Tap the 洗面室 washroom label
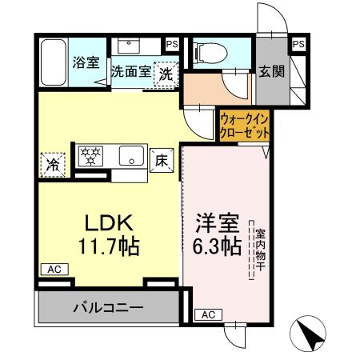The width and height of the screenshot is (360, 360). (130, 71)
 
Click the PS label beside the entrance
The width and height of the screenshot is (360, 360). (298, 44)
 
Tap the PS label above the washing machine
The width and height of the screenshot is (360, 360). (172, 44)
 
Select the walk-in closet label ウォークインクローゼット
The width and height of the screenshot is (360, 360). (245, 125)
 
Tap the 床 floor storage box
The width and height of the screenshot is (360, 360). (160, 160)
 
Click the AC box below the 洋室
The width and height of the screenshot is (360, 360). (208, 314)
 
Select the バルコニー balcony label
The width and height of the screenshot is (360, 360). (109, 306)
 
